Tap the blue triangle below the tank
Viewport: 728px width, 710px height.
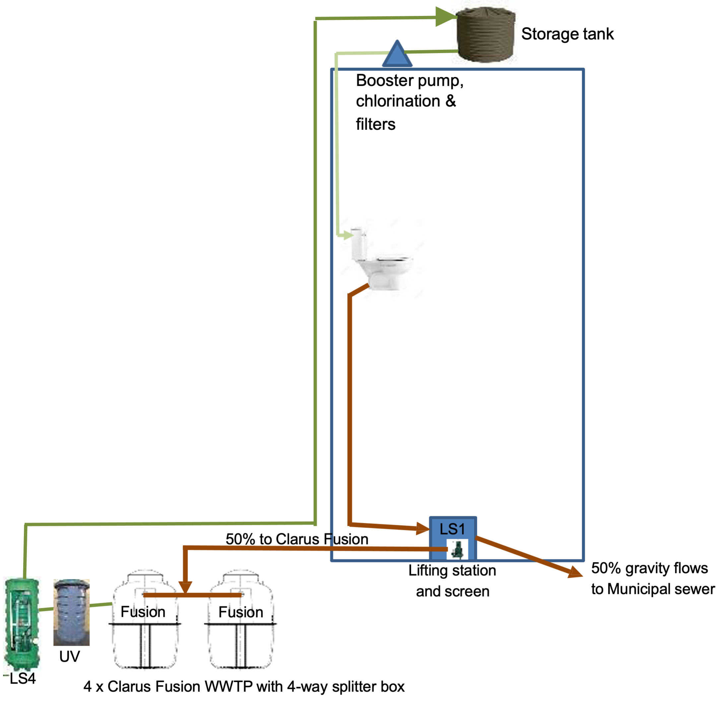(x=397, y=55)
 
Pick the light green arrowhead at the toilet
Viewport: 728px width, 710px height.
(x=349, y=235)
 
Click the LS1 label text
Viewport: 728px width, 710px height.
(x=452, y=529)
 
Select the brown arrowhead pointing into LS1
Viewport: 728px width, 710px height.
(x=423, y=528)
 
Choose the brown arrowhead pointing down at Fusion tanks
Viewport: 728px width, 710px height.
(x=186, y=587)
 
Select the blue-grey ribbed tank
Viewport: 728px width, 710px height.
(x=72, y=612)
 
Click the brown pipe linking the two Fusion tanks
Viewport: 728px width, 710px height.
(x=192, y=595)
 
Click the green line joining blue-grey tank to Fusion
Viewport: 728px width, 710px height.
(x=100, y=604)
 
